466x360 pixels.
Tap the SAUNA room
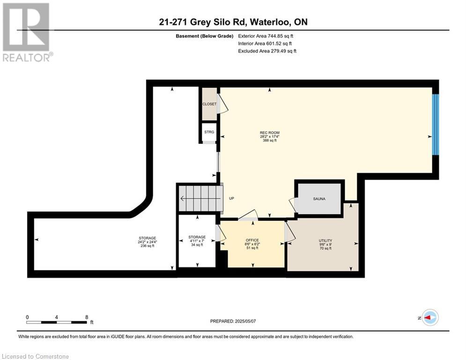[319, 199]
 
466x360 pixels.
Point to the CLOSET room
[209, 104]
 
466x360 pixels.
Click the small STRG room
[209, 132]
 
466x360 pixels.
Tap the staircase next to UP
[200, 198]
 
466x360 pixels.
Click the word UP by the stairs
[231, 199]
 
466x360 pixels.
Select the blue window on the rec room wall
[436, 125]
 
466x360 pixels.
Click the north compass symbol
[429, 317]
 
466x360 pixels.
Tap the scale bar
[57, 322]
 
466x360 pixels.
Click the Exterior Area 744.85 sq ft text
[266, 36]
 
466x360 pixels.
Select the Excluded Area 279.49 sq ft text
[267, 51]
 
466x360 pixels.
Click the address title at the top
[233, 22]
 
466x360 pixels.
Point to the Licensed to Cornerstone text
[35, 356]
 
